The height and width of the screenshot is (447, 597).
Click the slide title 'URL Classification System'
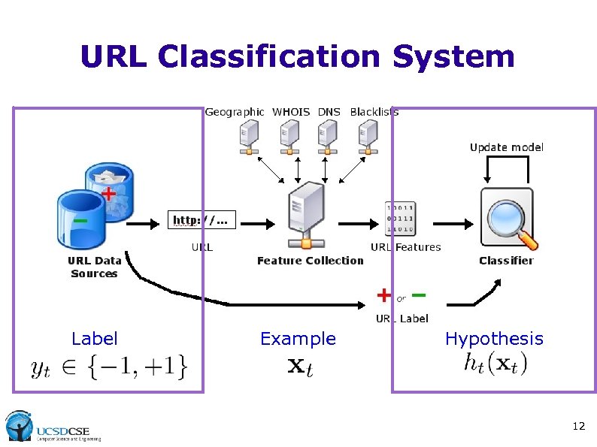(297, 56)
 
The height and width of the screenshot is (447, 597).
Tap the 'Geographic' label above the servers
(235, 112)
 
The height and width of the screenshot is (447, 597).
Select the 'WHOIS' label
(290, 112)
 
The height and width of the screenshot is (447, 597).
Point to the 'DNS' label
(329, 112)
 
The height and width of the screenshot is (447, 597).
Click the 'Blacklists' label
(374, 112)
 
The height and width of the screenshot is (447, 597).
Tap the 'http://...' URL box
(200, 220)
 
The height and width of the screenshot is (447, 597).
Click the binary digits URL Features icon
(400, 219)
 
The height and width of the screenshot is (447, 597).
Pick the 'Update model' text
(506, 147)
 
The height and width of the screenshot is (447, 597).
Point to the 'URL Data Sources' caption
(94, 267)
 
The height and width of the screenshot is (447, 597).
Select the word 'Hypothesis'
(493, 339)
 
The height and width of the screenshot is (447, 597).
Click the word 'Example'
(298, 339)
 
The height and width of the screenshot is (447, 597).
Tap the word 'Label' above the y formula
(95, 339)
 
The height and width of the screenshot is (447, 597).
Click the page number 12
(578, 426)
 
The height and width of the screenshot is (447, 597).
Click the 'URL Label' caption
(402, 319)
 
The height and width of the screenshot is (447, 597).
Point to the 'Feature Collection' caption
(310, 261)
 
